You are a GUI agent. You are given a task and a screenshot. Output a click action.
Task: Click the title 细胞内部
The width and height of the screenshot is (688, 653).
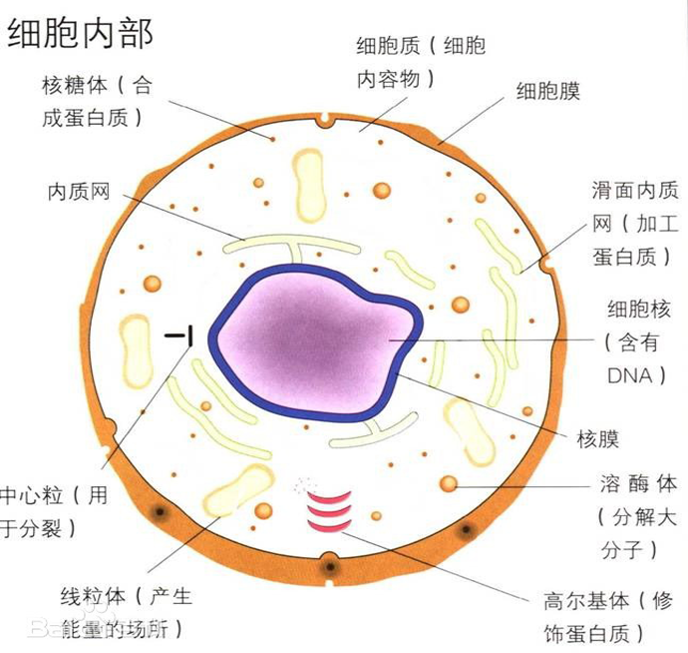[x=81, y=33]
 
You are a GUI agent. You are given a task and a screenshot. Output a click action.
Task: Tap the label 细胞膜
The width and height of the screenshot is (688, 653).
[x=547, y=91]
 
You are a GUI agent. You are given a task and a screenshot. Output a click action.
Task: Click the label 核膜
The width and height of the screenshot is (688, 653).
[x=598, y=438]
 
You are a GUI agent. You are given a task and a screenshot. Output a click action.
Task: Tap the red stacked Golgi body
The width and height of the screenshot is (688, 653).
[x=330, y=510]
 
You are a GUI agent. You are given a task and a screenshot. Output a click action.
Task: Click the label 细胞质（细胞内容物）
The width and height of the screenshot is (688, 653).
[x=421, y=62]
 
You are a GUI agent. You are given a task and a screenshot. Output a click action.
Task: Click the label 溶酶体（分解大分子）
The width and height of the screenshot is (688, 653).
[x=638, y=517]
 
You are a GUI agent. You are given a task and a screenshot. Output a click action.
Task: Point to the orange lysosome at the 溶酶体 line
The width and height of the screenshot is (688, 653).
[x=450, y=485]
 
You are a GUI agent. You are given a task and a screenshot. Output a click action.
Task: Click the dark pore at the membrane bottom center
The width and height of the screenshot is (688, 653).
[x=328, y=568]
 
